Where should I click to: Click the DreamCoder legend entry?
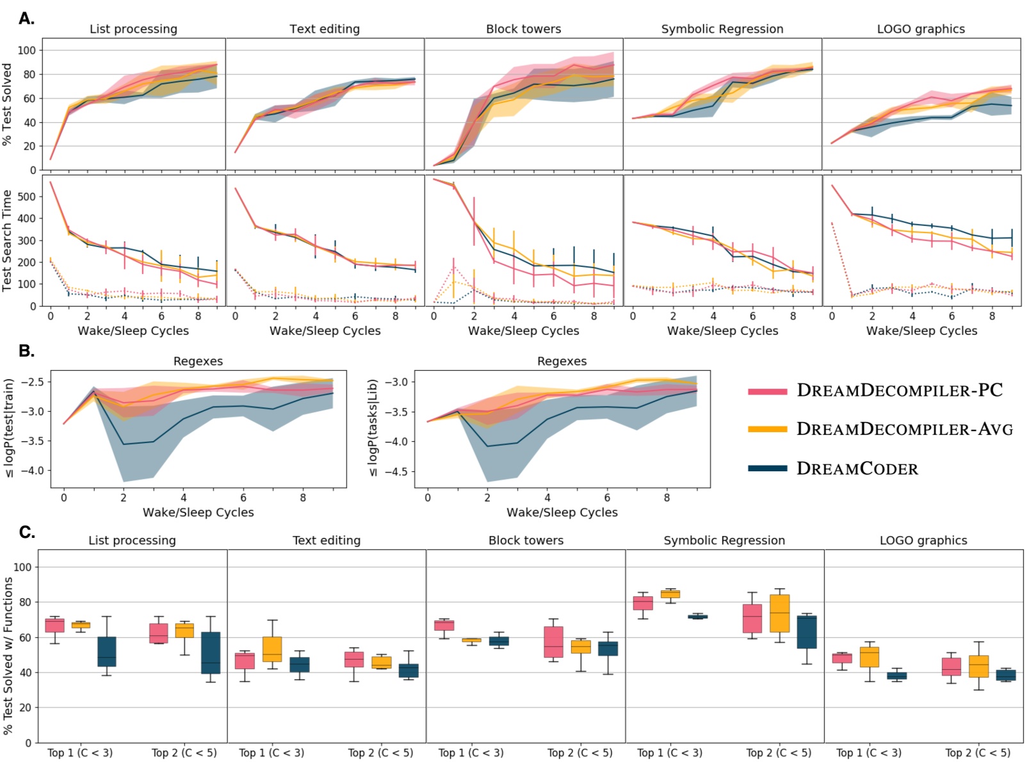pyautogui.click(x=857, y=469)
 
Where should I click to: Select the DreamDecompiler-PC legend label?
pyautogui.click(x=899, y=391)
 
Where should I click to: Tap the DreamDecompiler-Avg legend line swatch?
pyautogui.click(x=767, y=430)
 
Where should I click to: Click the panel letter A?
pyautogui.click(x=26, y=19)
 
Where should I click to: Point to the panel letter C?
pyautogui.click(x=26, y=532)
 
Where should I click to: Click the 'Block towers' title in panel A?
pyautogui.click(x=523, y=29)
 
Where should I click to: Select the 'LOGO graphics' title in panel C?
pyautogui.click(x=923, y=540)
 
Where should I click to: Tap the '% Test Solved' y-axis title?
pyautogui.click(x=8, y=104)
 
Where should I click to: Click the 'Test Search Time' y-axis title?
pyautogui.click(x=8, y=241)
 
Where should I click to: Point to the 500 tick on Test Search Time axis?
pyautogui.click(x=26, y=197)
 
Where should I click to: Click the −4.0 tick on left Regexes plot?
pyautogui.click(x=31, y=471)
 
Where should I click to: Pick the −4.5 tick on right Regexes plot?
pyautogui.click(x=395, y=472)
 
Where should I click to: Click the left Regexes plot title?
pyautogui.click(x=198, y=361)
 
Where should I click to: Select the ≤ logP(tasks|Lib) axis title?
pyautogui.click(x=372, y=428)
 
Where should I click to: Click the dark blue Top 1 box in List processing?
pyautogui.click(x=107, y=652)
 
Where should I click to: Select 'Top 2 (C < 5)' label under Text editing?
pyautogui.click(x=380, y=753)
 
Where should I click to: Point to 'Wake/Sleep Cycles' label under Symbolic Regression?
pyautogui.click(x=722, y=331)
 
